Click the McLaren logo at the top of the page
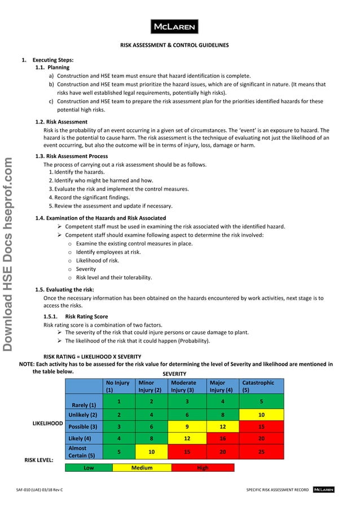click(x=173, y=27)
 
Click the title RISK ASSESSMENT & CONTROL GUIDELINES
click(x=174, y=46)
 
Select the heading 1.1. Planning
click(x=52, y=68)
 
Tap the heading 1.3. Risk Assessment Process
click(x=72, y=156)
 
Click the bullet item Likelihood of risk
click(x=97, y=261)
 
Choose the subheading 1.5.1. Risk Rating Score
click(x=76, y=317)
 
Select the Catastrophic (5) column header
click(x=261, y=386)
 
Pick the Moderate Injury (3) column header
click(x=188, y=386)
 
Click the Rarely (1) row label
click(x=84, y=405)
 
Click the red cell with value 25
click(x=261, y=452)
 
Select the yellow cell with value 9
click(x=187, y=427)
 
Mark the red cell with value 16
click(x=223, y=438)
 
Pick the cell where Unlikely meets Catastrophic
click(x=261, y=415)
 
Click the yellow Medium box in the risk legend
click(x=142, y=468)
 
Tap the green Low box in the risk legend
click(x=89, y=468)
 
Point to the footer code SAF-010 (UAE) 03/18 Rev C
click(x=39, y=490)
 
